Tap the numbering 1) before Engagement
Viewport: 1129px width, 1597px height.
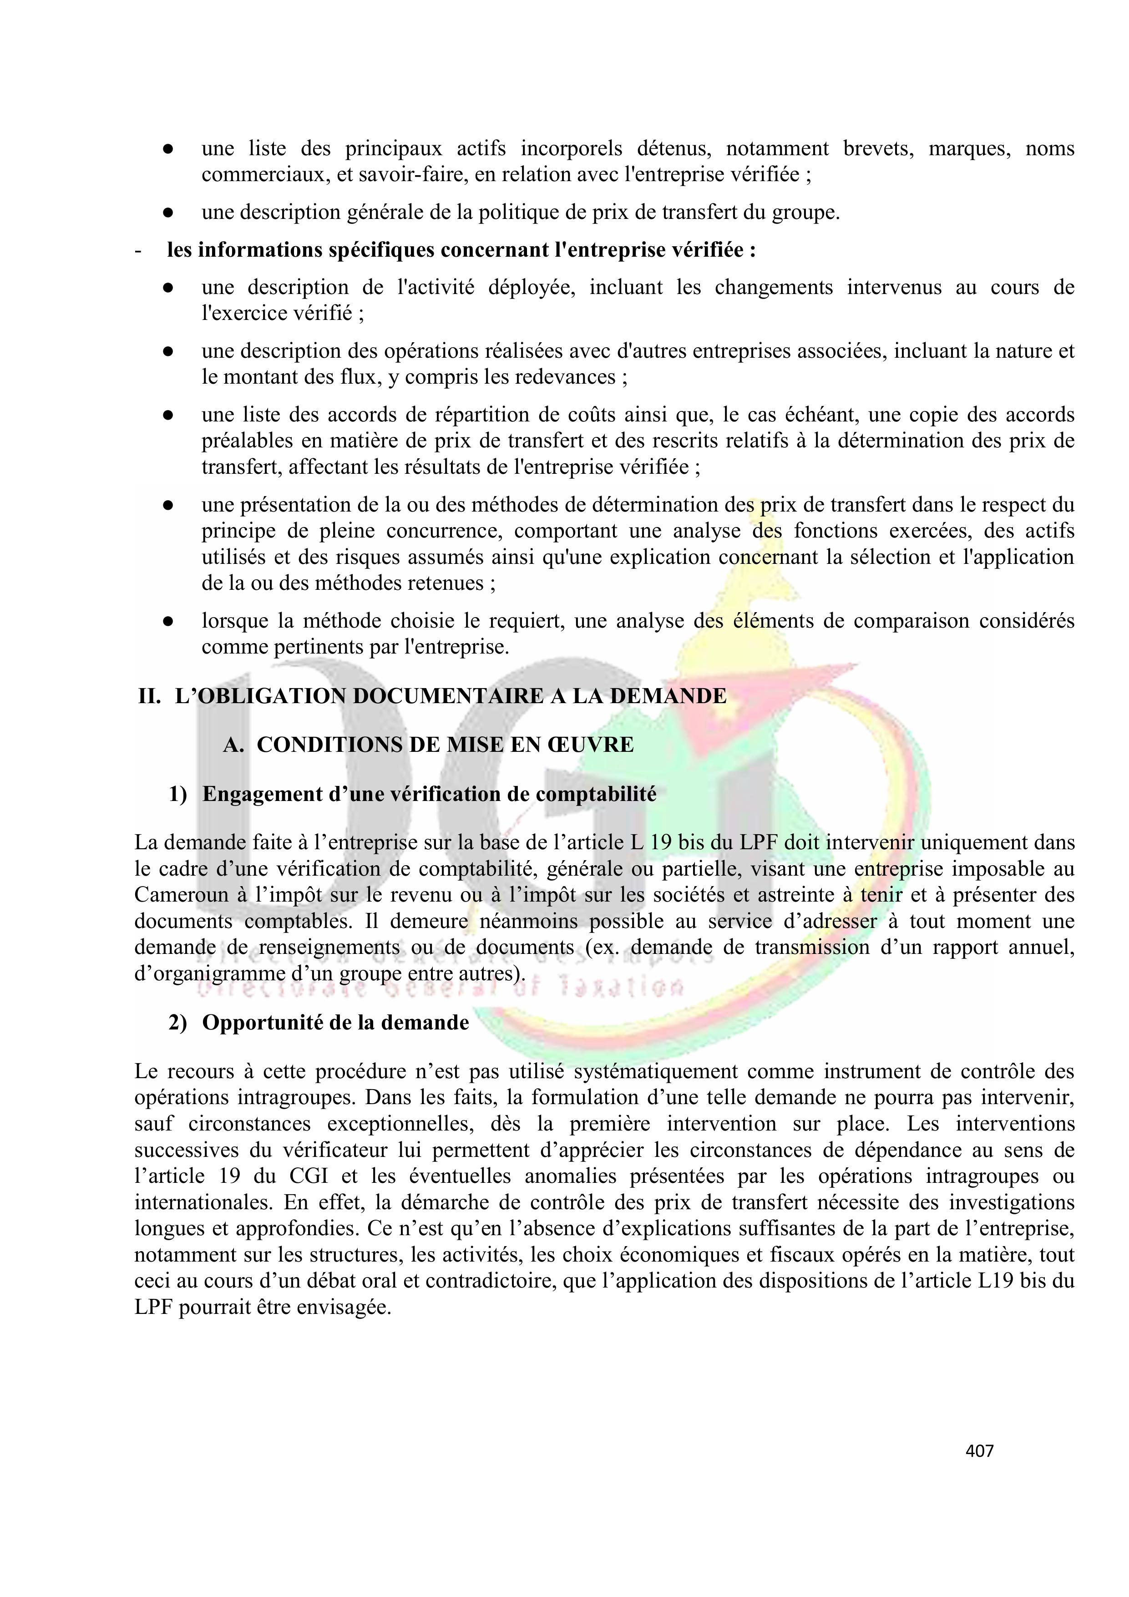178,794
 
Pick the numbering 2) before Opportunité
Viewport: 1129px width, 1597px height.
178,1023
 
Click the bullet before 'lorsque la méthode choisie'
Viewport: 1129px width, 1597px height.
167,622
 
